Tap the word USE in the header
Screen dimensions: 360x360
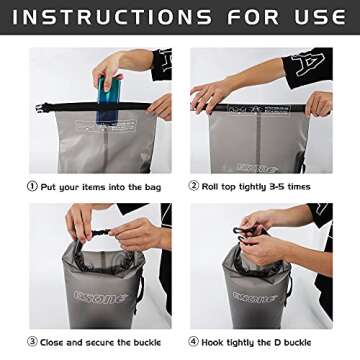(320, 17)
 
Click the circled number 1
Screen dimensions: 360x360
(32, 186)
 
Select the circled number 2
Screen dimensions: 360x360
(194, 186)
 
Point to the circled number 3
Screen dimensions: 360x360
(32, 342)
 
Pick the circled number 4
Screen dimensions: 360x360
(194, 342)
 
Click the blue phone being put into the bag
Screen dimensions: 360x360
(108, 100)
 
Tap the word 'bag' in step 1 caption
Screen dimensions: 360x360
(153, 188)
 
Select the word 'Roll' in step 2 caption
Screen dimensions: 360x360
(210, 187)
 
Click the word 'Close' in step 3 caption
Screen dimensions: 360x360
(52, 342)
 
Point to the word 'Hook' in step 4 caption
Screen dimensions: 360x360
(213, 342)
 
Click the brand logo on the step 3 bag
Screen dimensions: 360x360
(101, 296)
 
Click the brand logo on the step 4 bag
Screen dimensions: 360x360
(255, 297)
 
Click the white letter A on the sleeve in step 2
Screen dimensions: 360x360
(308, 65)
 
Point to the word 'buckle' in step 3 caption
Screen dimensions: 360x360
(147, 342)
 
